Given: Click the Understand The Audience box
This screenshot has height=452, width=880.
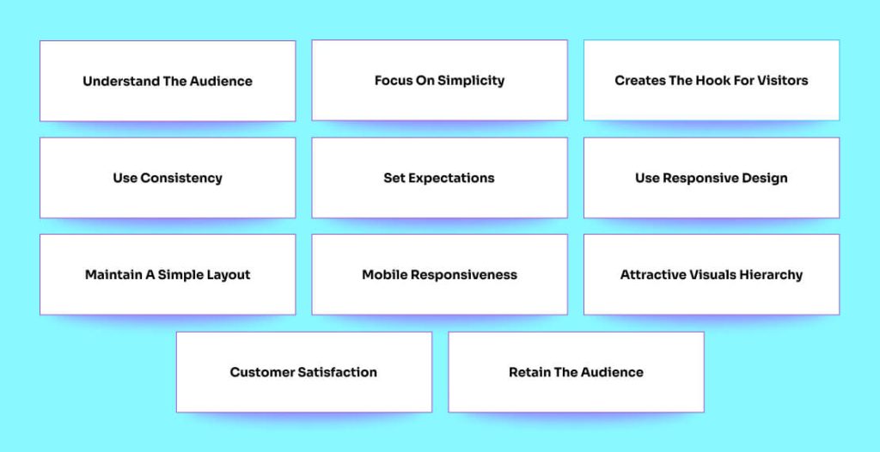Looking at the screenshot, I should tap(168, 81).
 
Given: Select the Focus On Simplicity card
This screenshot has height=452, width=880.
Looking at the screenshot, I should tap(439, 80).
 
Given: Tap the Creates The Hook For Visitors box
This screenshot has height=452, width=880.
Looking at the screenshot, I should tap(712, 80).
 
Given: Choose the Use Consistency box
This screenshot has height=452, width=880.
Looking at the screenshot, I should tap(168, 178).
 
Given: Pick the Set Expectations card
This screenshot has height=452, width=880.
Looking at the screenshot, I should tap(439, 178).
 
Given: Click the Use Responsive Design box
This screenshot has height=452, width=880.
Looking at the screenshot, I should tap(712, 178).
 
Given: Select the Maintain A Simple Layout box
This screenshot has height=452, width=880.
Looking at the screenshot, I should tap(168, 275).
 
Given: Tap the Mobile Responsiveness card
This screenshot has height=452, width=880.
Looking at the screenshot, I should tap(439, 275).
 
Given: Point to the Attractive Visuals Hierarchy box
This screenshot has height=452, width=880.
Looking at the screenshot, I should tap(712, 275).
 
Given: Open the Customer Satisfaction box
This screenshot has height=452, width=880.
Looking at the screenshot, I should tap(303, 372).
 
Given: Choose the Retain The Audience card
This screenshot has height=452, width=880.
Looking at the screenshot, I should tap(576, 372).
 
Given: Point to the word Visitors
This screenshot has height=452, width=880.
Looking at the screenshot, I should tap(783, 81).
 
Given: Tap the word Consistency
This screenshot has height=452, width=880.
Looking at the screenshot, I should tap(181, 178).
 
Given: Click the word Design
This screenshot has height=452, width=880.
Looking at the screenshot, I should tap(764, 178).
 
